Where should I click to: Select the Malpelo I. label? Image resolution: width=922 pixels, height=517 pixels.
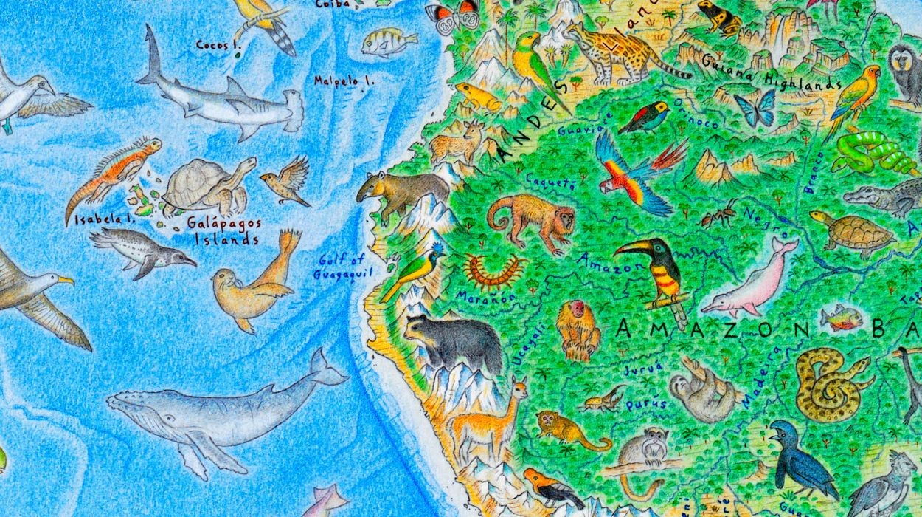pos(344,81)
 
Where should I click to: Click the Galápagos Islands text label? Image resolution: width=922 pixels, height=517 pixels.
pos(223,230)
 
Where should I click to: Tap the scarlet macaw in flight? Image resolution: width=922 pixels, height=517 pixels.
pos(631,174)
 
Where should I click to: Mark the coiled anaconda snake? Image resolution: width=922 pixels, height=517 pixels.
pos(830,384)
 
